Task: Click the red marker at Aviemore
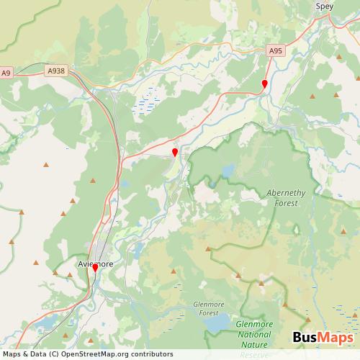[x=94, y=268]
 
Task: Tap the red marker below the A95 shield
[x=264, y=84]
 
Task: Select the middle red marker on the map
[x=175, y=152]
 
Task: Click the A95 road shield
[x=275, y=51]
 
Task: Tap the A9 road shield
[x=6, y=73]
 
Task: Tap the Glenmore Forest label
[x=210, y=308]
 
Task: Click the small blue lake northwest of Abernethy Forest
[x=228, y=171]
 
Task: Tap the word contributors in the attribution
[x=153, y=354]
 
